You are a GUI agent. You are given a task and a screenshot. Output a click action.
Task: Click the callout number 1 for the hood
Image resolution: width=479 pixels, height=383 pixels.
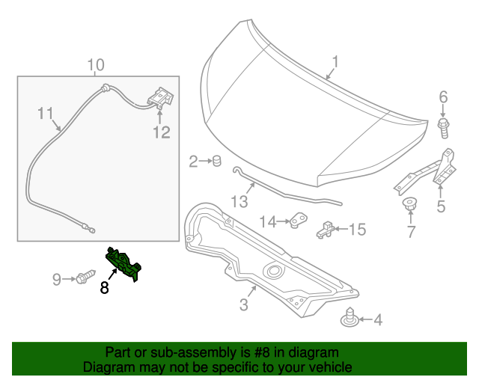tap(336, 62)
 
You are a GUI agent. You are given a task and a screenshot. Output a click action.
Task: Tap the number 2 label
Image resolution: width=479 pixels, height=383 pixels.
tap(193, 161)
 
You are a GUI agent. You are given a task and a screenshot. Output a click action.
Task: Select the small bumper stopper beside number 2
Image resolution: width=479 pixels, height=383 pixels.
tap(215, 160)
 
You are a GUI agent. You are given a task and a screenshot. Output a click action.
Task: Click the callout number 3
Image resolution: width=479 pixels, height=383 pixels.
tap(243, 304)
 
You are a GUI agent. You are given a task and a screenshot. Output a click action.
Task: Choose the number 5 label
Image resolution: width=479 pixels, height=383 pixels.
tap(441, 206)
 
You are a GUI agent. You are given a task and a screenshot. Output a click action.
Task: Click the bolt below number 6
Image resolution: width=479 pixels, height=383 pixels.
tap(443, 129)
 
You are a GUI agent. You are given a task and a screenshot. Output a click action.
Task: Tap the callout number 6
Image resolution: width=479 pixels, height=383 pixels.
tap(442, 96)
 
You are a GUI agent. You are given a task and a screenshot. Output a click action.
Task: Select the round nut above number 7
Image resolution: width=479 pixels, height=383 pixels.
tap(409, 203)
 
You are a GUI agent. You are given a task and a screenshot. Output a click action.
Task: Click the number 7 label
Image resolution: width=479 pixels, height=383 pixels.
tap(410, 232)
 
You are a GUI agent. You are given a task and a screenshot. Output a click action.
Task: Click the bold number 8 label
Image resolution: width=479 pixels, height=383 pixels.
tap(105, 287)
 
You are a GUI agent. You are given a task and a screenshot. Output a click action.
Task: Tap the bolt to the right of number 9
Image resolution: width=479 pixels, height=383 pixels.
tap(84, 278)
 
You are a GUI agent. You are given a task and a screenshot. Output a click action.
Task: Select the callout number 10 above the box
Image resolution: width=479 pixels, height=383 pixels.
tap(95, 65)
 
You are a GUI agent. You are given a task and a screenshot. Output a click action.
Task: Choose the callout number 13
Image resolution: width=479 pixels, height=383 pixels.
tap(238, 201)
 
